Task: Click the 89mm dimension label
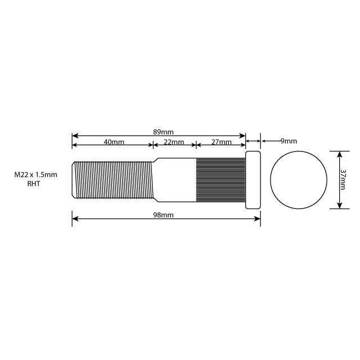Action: (x=163, y=132)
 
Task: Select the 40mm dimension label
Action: (x=114, y=142)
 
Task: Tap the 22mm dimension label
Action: (x=174, y=142)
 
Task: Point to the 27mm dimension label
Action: (x=221, y=142)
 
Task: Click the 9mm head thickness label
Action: (x=288, y=141)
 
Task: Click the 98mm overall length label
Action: (x=163, y=215)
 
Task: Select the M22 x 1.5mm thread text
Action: (x=36, y=175)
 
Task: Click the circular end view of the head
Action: (x=299, y=179)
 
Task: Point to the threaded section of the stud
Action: (x=112, y=179)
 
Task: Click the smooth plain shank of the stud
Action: (x=176, y=179)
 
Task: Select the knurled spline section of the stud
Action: (x=220, y=179)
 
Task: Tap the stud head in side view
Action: (x=253, y=179)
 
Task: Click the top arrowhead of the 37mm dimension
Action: (x=339, y=154)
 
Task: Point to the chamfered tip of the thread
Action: (x=74, y=179)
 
